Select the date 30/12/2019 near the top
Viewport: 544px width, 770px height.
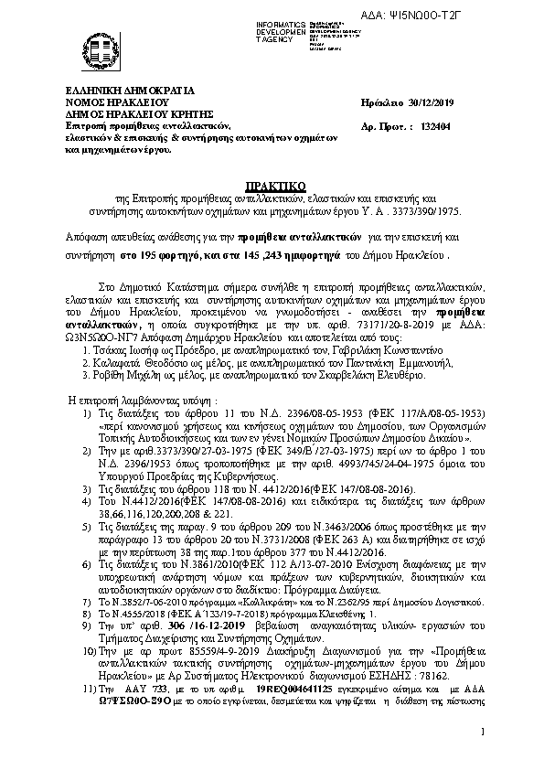[x=439, y=105]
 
